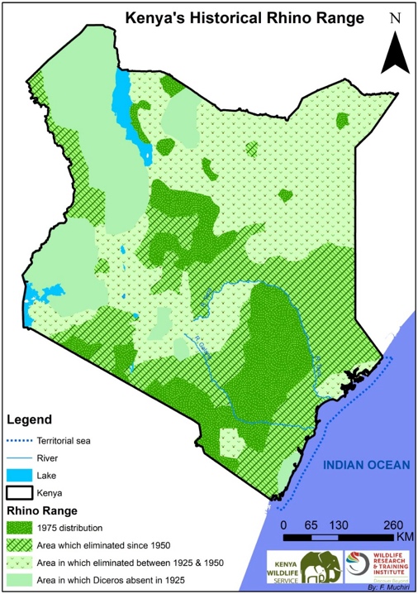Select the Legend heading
[29, 419]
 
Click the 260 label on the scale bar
[392, 525]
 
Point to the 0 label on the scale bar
[283, 525]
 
